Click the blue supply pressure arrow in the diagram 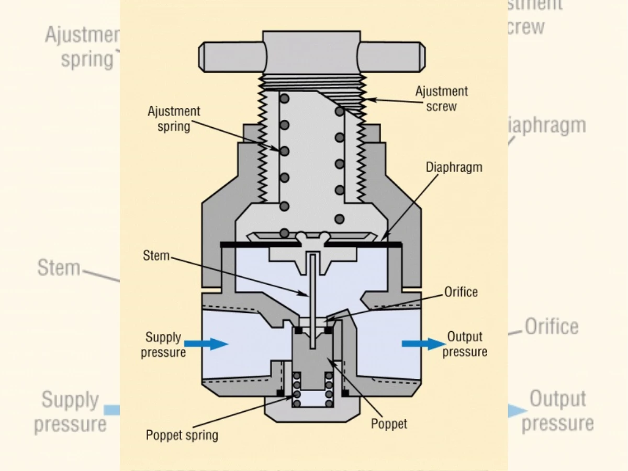click(206, 344)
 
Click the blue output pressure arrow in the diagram click(422, 344)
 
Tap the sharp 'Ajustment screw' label click(441, 98)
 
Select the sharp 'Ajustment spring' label click(174, 119)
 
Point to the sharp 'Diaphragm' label click(454, 167)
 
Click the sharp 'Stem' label click(156, 256)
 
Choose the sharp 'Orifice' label click(461, 291)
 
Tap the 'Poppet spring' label click(182, 435)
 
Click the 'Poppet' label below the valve click(389, 423)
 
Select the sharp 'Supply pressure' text click(163, 344)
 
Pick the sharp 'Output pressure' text click(465, 344)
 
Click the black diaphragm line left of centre click(251, 244)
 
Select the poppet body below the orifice click(312, 361)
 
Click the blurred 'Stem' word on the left click(59, 268)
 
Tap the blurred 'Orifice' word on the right click(552, 327)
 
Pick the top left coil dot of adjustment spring click(284, 99)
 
